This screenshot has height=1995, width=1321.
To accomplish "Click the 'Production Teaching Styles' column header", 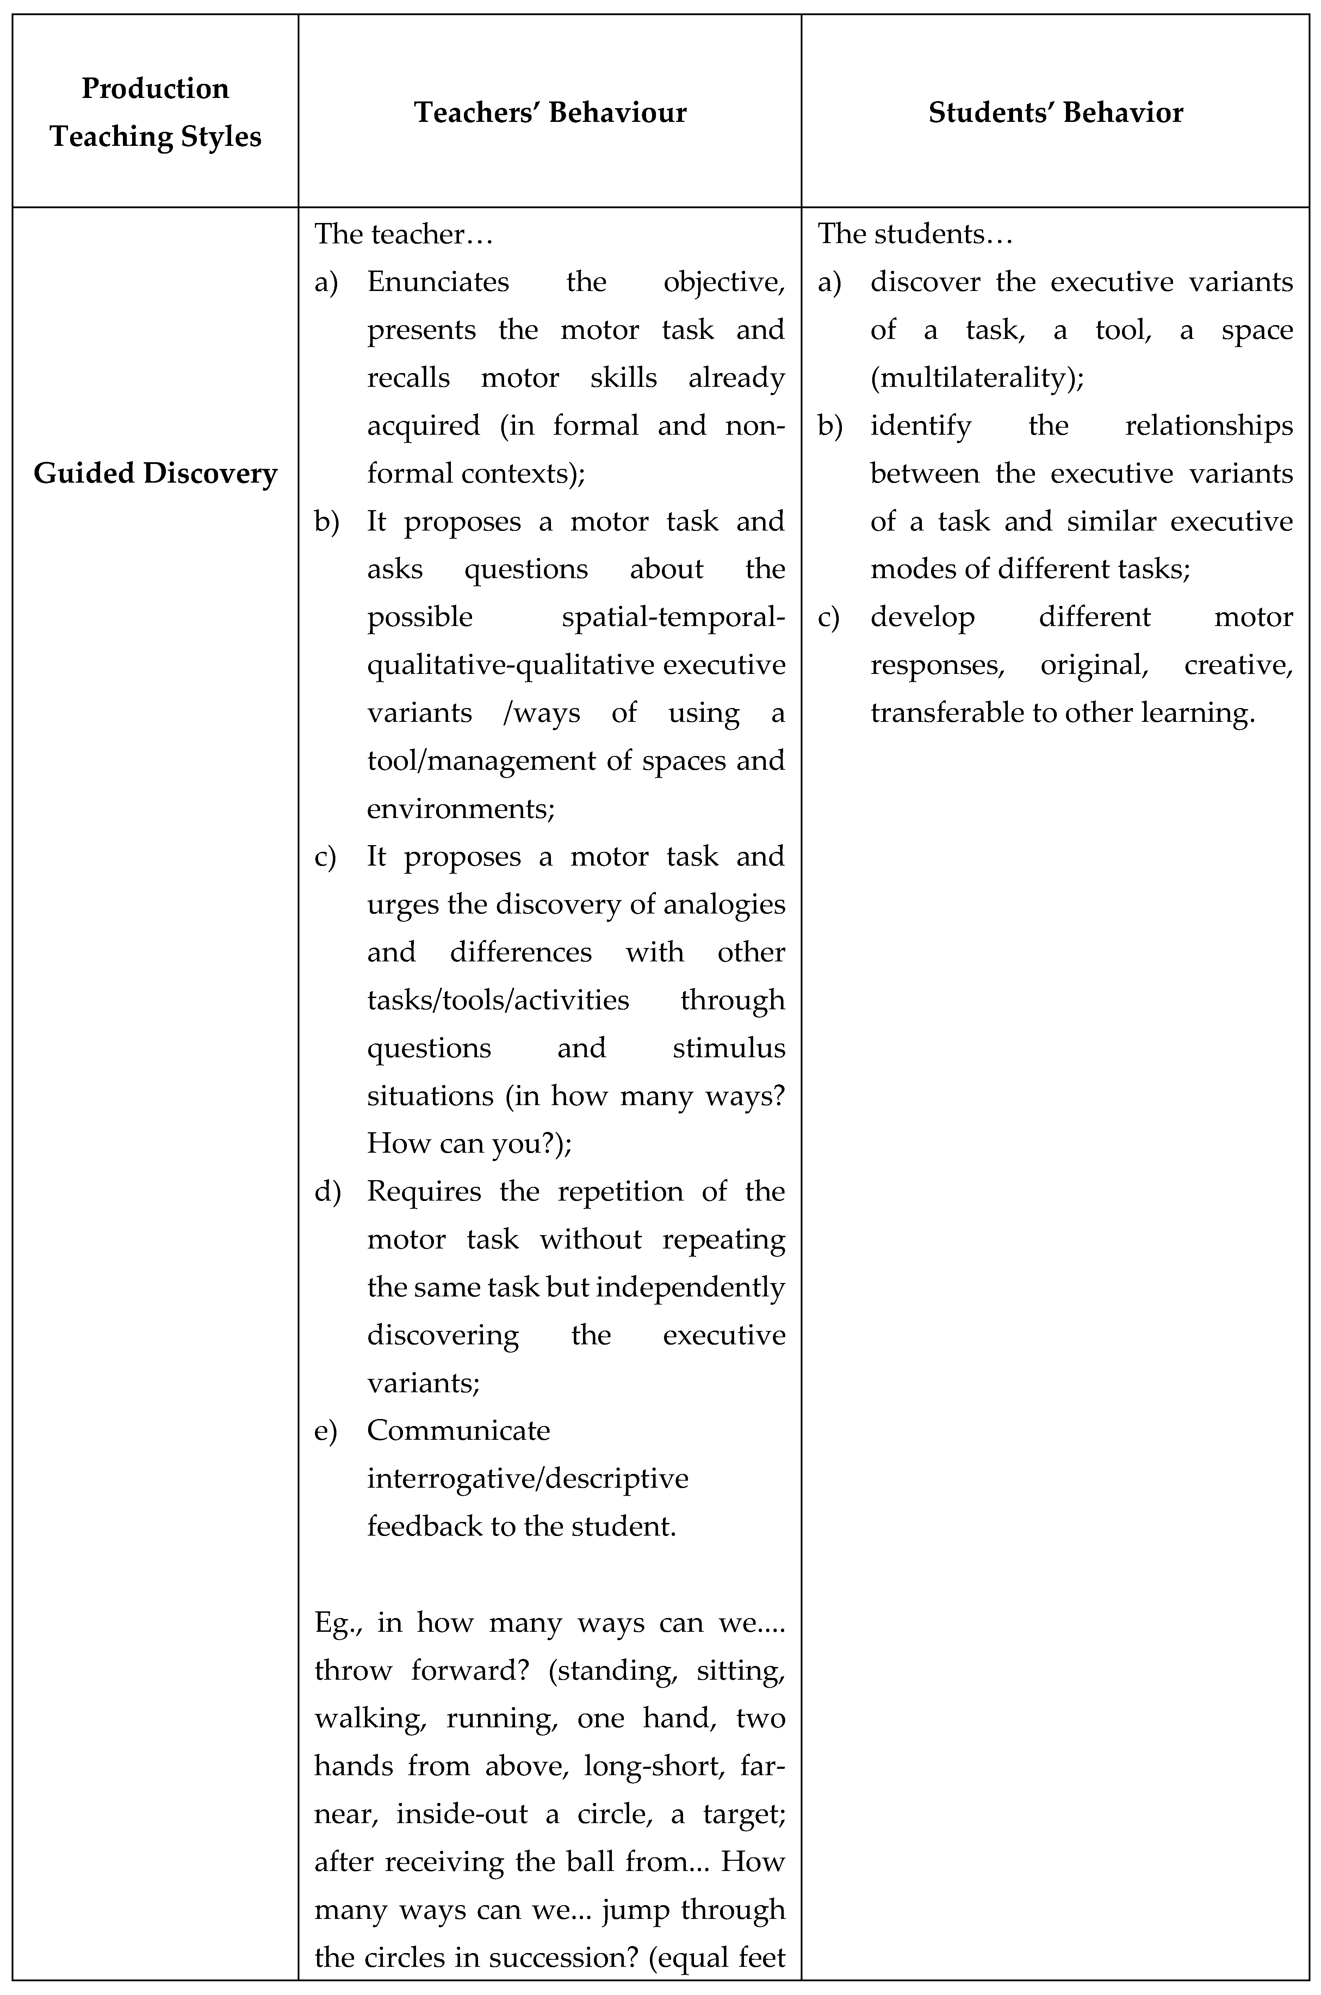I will click(x=156, y=112).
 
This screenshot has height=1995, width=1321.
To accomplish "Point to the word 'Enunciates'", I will click(x=438, y=281).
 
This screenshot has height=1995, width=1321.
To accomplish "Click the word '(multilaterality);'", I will click(x=977, y=377).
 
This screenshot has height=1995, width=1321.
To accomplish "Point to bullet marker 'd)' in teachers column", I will click(x=327, y=1191).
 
